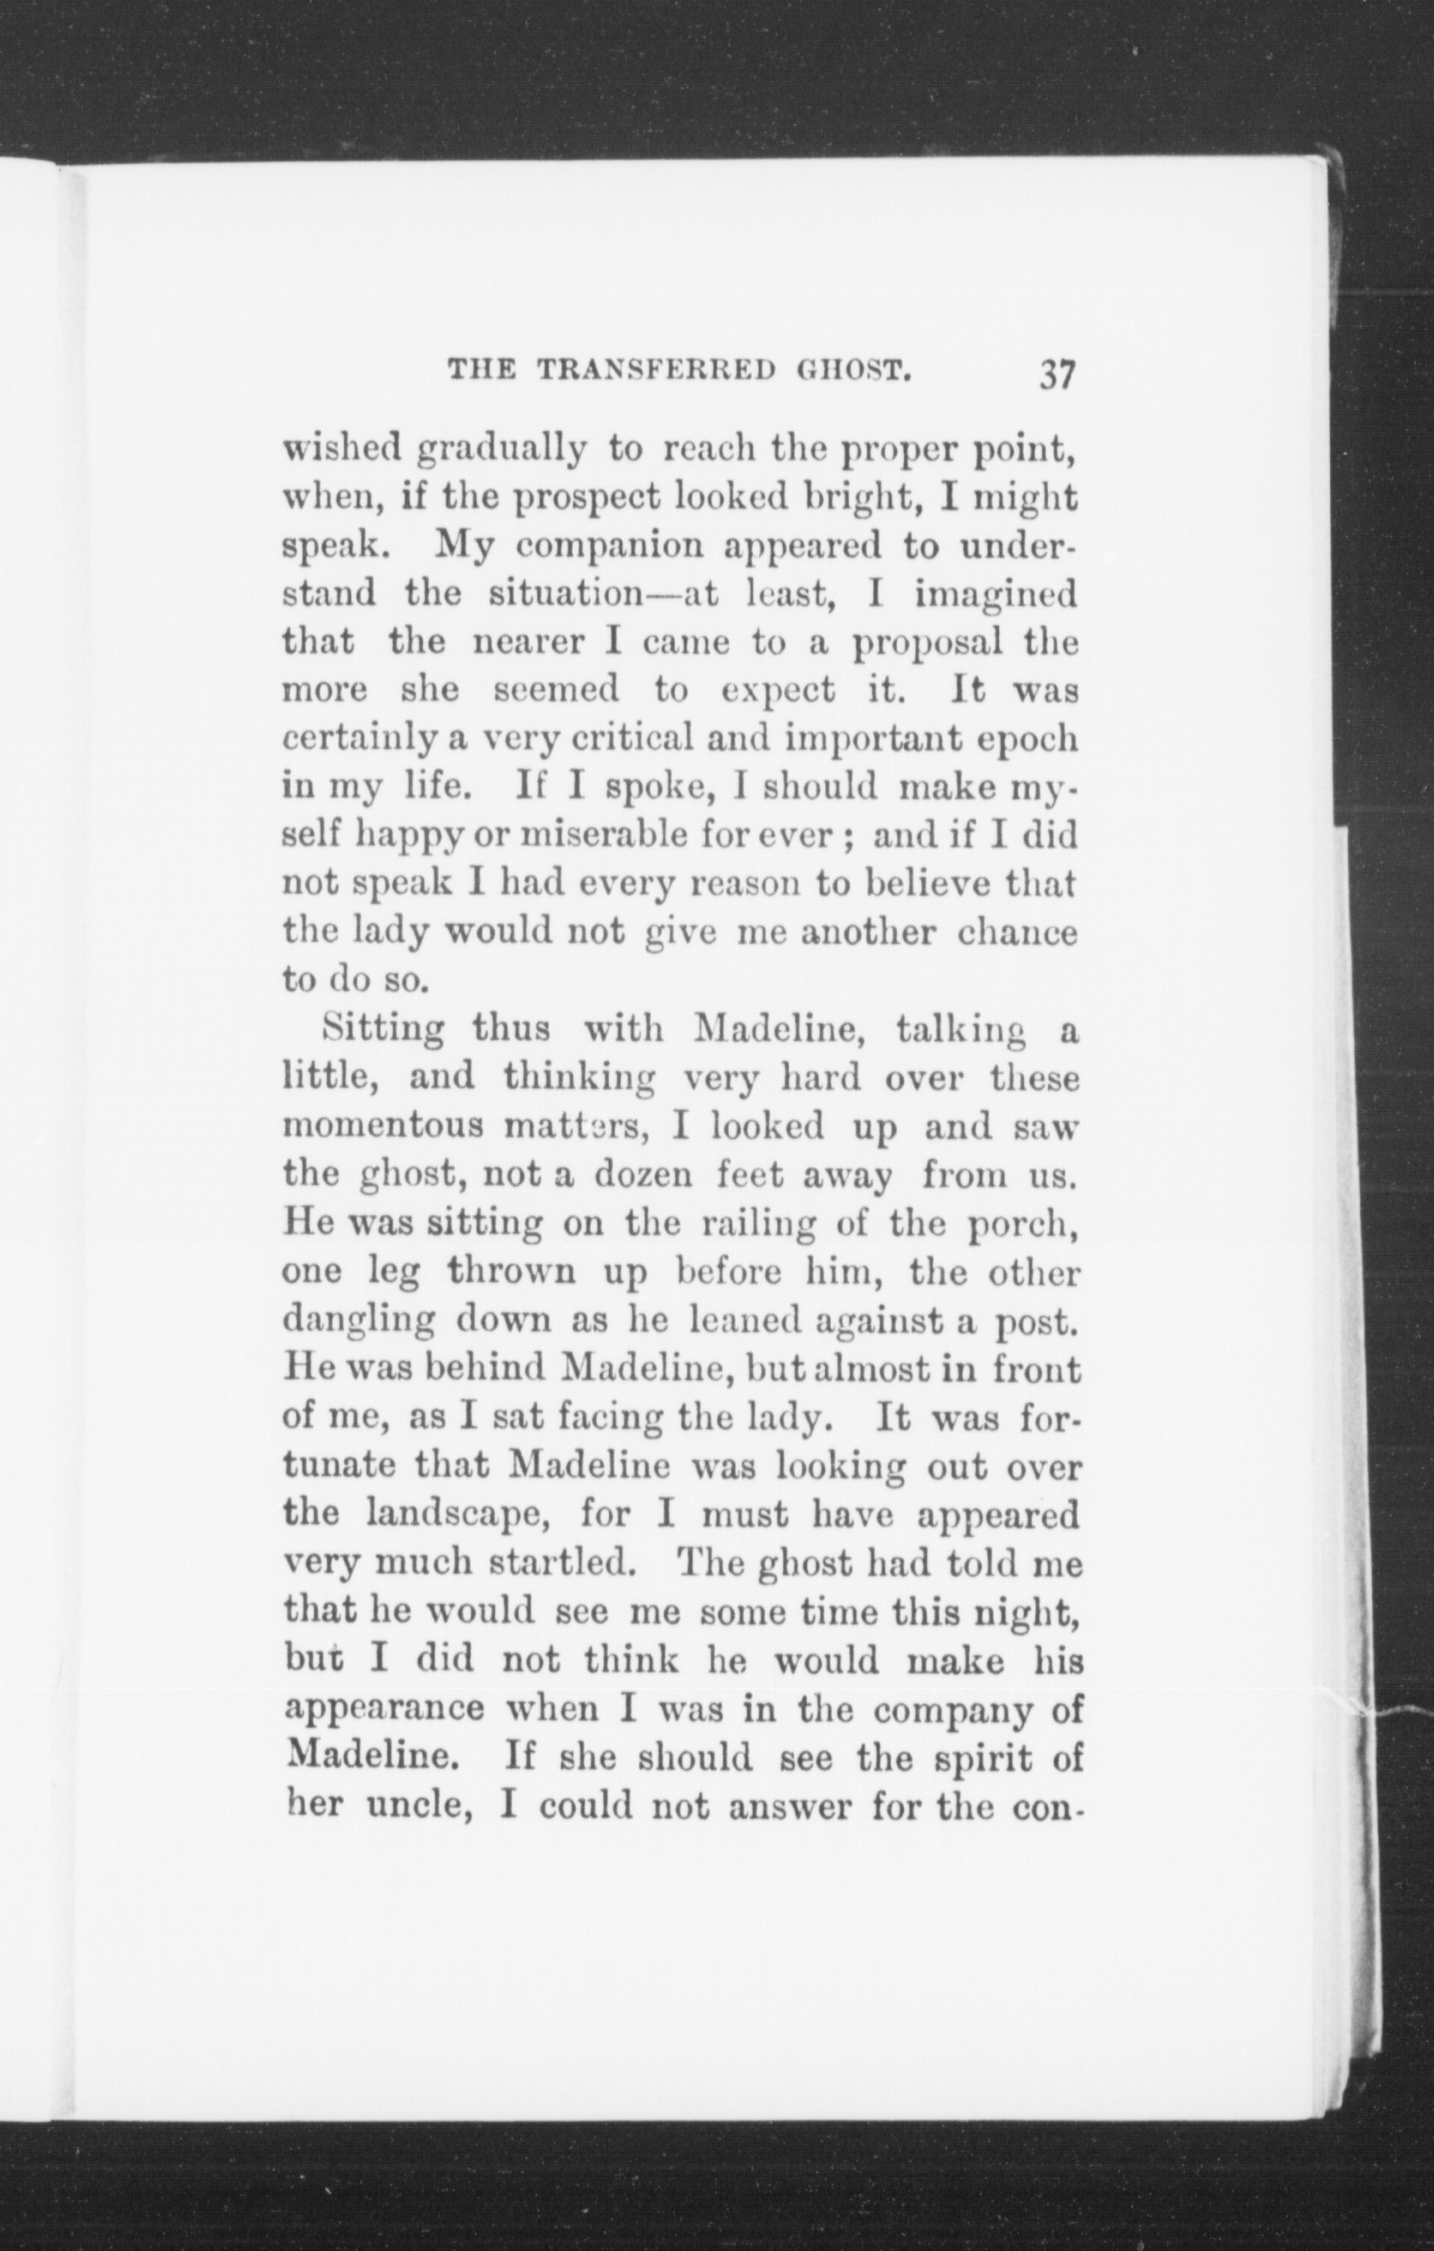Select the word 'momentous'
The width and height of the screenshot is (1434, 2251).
click(384, 1126)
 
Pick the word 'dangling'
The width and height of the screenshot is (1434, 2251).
click(359, 1320)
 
